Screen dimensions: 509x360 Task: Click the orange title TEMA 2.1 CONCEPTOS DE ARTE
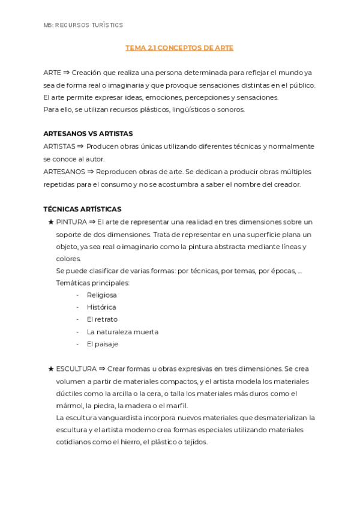point(179,47)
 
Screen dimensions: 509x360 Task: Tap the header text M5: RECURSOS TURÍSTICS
point(83,25)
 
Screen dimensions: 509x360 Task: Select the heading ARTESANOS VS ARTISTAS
point(88,134)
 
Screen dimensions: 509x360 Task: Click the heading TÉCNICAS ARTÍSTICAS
point(82,209)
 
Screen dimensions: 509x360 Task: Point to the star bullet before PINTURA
point(50,222)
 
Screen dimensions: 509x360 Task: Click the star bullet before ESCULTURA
point(50,369)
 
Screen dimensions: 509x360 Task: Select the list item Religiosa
point(101,295)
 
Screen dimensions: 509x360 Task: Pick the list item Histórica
point(101,307)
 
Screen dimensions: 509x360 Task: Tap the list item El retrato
point(102,319)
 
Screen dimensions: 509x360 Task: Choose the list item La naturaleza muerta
point(122,332)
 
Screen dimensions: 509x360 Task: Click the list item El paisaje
point(102,344)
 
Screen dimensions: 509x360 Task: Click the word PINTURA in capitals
point(71,222)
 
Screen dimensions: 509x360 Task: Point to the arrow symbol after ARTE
point(67,73)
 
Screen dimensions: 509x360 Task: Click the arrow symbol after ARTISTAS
point(80,146)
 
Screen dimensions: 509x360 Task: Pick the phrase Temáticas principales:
point(92,283)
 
